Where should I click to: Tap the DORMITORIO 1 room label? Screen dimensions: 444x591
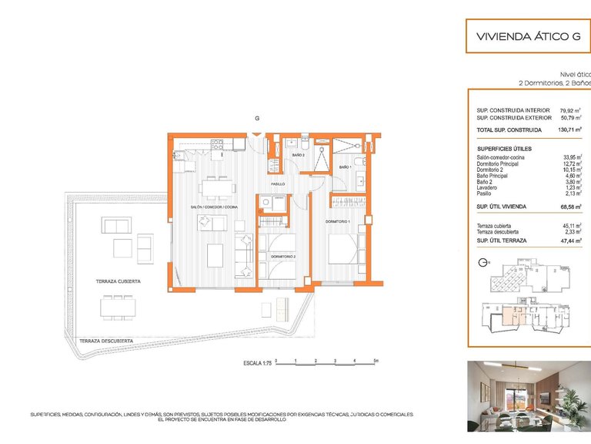pos(338,222)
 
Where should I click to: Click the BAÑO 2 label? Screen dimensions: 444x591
pos(299,155)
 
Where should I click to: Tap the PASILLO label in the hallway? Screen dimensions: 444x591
pos(278,184)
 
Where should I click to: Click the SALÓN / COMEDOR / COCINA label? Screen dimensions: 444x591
pos(215,207)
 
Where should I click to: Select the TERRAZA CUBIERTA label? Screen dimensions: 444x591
pos(118,281)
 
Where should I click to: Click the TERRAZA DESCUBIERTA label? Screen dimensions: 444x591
pos(106,341)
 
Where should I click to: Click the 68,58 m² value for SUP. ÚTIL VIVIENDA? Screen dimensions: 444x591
pos(570,208)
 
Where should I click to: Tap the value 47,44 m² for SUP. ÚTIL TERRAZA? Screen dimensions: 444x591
pos(570,240)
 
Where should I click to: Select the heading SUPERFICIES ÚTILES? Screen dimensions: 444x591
pos(504,148)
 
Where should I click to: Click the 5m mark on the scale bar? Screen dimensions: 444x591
pos(375,360)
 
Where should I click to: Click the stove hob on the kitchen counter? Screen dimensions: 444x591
pos(217,143)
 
